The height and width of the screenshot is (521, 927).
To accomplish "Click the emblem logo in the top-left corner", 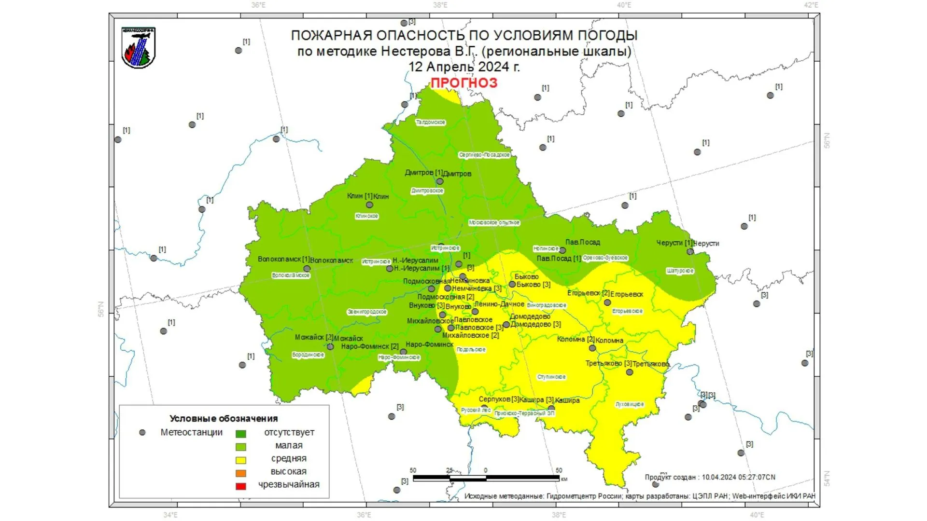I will (139, 47).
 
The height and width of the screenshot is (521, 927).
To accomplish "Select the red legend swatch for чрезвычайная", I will (240, 486).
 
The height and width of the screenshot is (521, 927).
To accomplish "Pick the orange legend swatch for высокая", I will (240, 473).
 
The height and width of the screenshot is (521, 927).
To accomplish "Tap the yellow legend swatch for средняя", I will (240, 460).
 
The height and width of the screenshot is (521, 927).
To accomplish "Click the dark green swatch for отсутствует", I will (240, 434).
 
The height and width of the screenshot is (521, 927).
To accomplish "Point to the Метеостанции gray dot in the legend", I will (142, 433).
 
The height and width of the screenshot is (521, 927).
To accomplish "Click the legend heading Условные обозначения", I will (224, 418).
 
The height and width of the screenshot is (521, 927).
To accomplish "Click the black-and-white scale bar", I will (486, 478).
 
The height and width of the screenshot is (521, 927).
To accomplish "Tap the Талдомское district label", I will (431, 123).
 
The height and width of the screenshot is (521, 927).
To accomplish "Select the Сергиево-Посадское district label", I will (484, 155).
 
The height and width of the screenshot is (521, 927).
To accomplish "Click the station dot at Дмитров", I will (440, 181).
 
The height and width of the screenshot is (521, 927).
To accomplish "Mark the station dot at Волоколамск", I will (307, 269).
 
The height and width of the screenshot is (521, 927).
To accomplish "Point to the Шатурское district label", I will (680, 271).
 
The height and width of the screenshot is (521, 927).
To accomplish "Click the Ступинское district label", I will (551, 377).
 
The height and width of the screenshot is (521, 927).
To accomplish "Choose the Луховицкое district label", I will (630, 404).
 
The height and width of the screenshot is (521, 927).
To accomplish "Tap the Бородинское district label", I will (308, 355).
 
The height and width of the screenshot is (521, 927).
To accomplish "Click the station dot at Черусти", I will (690, 251).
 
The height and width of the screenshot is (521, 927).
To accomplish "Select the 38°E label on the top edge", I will (440, 5).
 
